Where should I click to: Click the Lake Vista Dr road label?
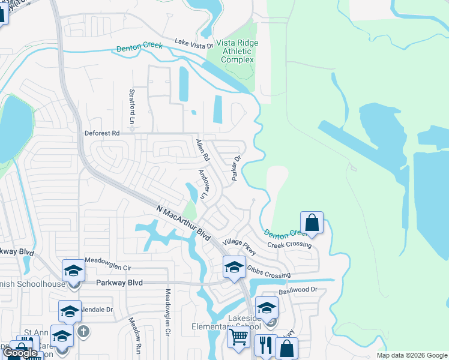(x=194, y=43)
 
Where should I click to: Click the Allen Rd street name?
(x=203, y=150)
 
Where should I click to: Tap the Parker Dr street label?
(x=236, y=169)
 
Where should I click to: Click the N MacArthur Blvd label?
(x=184, y=223)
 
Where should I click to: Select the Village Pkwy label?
(x=239, y=247)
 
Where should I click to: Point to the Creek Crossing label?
(x=289, y=245)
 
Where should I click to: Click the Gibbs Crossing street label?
(x=268, y=272)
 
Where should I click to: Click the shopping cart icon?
(x=238, y=338)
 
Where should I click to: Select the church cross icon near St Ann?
(x=84, y=331)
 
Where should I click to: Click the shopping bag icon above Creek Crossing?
(x=312, y=223)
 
